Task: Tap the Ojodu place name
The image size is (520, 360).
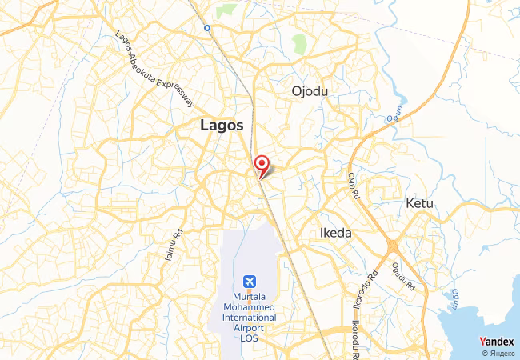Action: tap(311, 90)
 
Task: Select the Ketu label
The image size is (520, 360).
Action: tap(419, 203)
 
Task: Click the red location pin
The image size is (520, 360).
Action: tap(261, 164)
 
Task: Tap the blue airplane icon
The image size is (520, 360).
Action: tap(249, 282)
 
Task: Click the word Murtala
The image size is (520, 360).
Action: tap(249, 297)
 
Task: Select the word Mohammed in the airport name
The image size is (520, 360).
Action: tap(249, 307)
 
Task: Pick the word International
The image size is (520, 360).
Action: tap(249, 318)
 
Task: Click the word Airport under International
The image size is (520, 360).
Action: tap(249, 328)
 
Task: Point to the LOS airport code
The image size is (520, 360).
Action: tap(249, 338)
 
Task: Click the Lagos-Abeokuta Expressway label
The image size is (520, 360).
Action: tap(155, 70)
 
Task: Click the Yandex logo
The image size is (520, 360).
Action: tap(496, 342)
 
